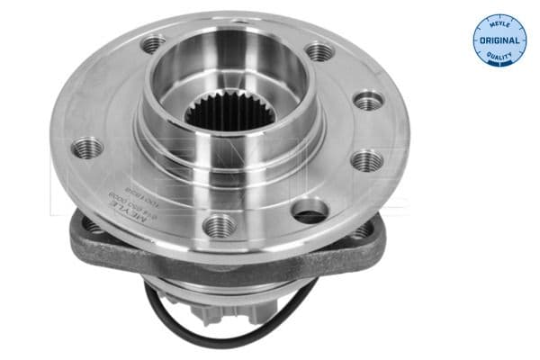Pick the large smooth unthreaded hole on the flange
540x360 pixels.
[x=310, y=212]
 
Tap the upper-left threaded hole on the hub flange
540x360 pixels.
[x=154, y=41]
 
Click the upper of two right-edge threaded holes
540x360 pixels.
[x=369, y=100]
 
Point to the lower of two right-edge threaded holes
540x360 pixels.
[x=365, y=161]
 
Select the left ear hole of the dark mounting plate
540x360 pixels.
[x=93, y=225]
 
